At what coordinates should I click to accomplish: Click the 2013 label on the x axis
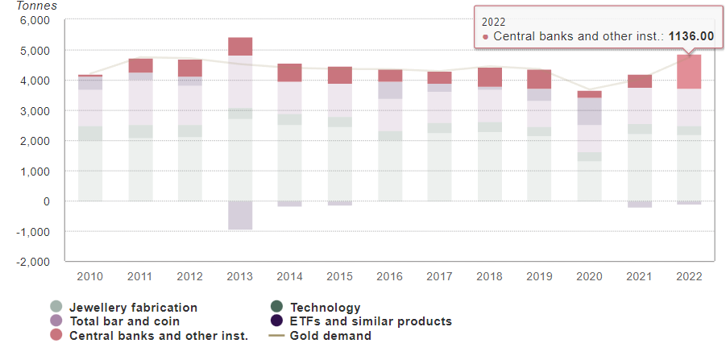[239, 276]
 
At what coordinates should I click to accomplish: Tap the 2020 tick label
[589, 276]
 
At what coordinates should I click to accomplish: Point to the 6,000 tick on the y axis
[35, 20]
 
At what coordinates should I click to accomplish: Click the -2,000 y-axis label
[33, 262]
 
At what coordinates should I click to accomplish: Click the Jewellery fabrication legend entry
[132, 308]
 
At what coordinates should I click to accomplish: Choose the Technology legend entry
[325, 308]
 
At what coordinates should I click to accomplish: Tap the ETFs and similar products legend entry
[370, 321]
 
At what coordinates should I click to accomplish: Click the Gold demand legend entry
[330, 336]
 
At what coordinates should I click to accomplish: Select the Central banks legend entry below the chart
[158, 336]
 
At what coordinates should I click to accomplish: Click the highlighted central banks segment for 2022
[689, 72]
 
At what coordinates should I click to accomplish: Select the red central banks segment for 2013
[240, 47]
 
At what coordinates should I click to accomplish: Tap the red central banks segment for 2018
[489, 77]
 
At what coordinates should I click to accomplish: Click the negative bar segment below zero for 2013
[240, 215]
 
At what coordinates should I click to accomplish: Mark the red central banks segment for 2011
[140, 65]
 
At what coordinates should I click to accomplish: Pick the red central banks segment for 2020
[589, 94]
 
